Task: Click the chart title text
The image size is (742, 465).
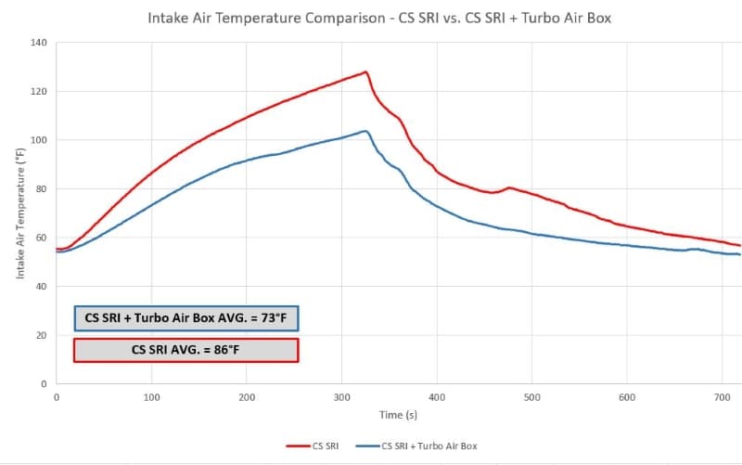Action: pyautogui.click(x=378, y=18)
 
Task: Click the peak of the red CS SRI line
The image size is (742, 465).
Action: pyautogui.click(x=365, y=72)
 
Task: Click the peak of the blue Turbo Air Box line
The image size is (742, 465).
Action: pyautogui.click(x=365, y=131)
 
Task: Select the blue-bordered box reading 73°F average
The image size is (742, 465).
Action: pyautogui.click(x=185, y=318)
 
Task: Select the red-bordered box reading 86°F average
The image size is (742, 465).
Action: pyautogui.click(x=185, y=350)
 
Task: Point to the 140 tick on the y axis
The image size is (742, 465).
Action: pyautogui.click(x=38, y=43)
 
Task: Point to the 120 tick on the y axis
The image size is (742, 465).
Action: pyautogui.click(x=38, y=92)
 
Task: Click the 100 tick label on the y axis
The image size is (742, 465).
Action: pyautogui.click(x=38, y=140)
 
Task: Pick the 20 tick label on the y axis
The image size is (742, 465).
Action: pyautogui.click(x=41, y=335)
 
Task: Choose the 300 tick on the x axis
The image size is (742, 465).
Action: pyautogui.click(x=341, y=397)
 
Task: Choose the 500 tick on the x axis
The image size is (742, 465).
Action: pyautogui.click(x=531, y=397)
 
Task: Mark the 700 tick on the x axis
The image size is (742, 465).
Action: pyautogui.click(x=722, y=397)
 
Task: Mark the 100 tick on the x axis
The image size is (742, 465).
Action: pyautogui.click(x=151, y=397)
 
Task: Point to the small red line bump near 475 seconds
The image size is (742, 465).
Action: pyautogui.click(x=508, y=188)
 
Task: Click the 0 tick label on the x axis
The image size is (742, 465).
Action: pyautogui.click(x=57, y=397)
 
